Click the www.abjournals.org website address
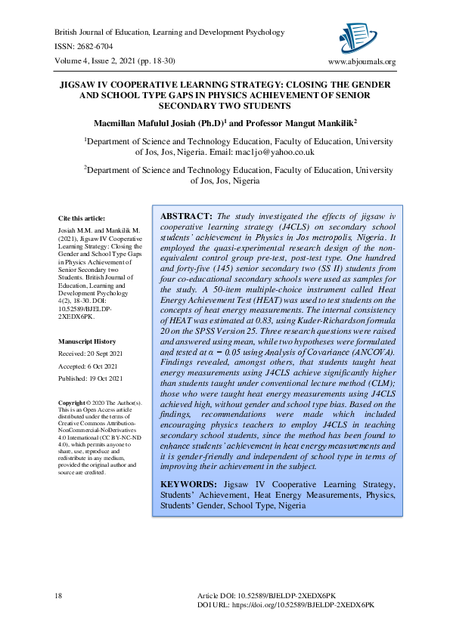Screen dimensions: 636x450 click(x=362, y=62)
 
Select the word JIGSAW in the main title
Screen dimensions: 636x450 click(x=84, y=87)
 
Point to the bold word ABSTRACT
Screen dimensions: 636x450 click(x=187, y=216)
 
